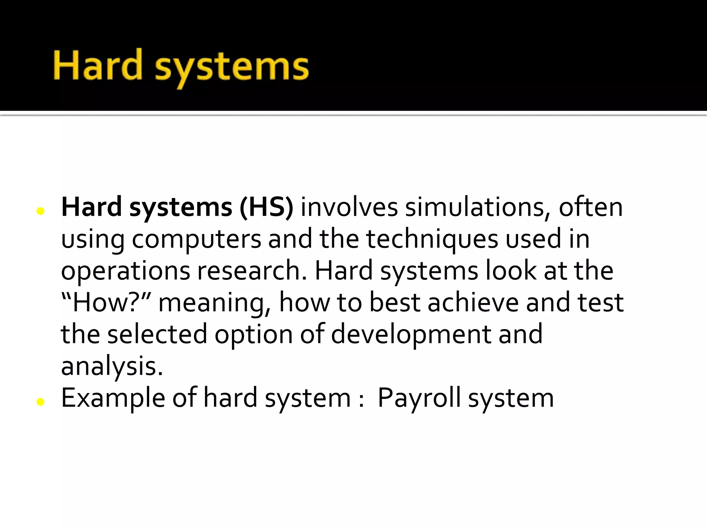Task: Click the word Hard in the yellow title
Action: [x=98, y=65]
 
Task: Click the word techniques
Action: [x=432, y=239]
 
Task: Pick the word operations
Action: [x=125, y=271]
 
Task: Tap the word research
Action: [x=252, y=271]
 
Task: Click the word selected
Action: [x=157, y=334]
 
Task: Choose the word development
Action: [x=411, y=335]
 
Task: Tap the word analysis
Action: [x=112, y=366]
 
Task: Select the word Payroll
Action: [x=419, y=398]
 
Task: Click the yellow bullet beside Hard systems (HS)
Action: [x=40, y=211]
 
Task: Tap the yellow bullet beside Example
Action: [x=40, y=402]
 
